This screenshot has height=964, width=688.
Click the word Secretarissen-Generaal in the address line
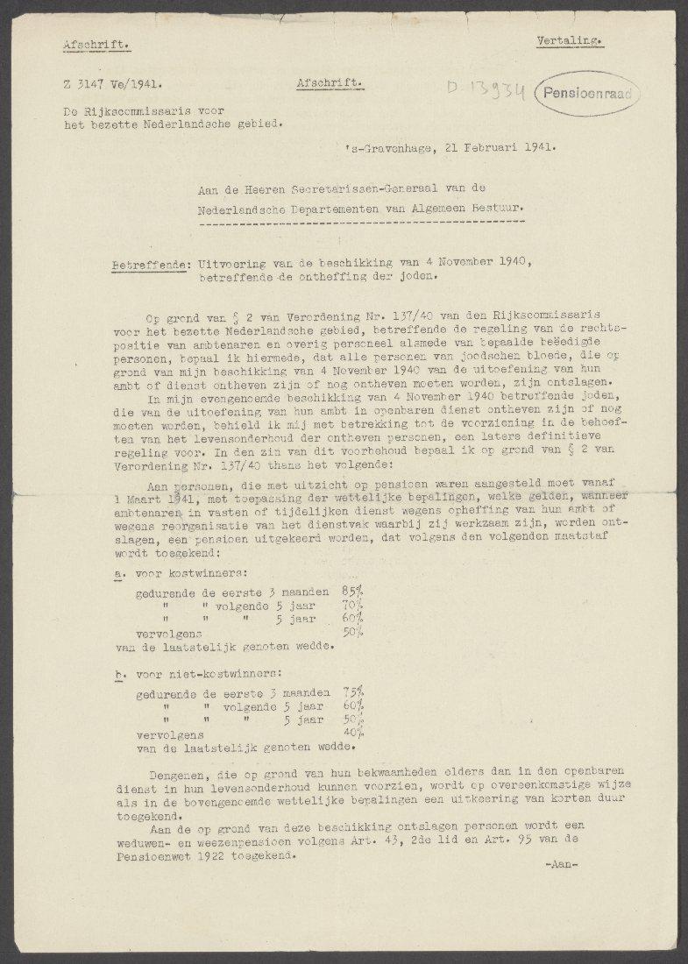tap(362, 189)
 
